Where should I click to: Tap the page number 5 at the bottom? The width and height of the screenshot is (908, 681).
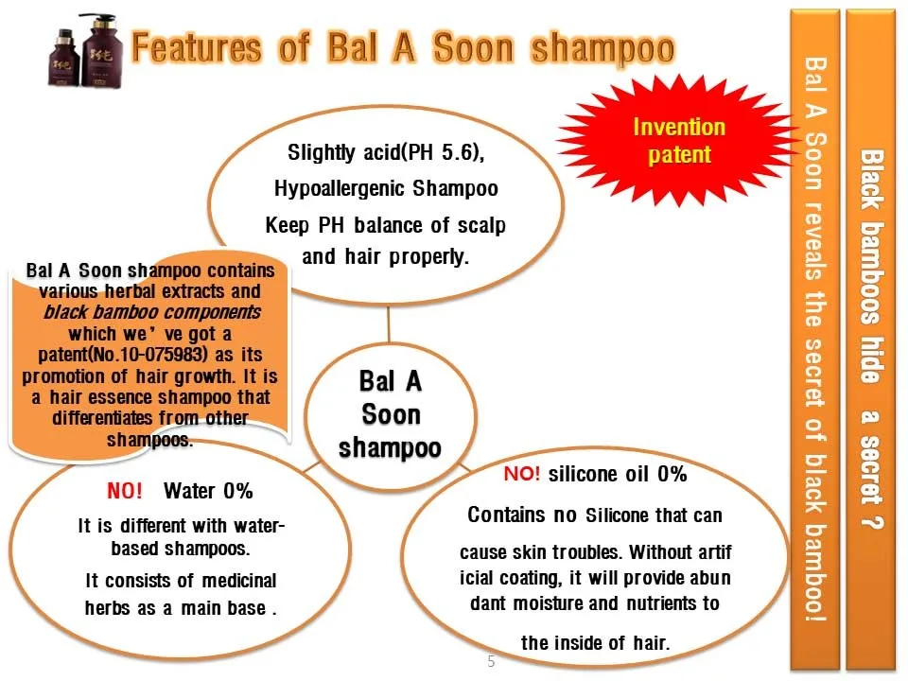pos(491,661)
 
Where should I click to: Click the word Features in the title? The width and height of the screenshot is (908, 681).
pos(197,47)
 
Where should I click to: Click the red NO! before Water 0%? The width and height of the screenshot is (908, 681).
pos(125,491)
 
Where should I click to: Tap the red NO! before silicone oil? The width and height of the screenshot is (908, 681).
pos(522,474)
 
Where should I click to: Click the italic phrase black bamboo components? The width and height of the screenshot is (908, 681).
pos(152,312)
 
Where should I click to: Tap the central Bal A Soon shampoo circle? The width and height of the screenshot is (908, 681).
pos(391,416)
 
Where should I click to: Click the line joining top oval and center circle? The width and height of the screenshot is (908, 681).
pos(389,324)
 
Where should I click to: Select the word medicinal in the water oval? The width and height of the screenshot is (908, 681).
pos(239,580)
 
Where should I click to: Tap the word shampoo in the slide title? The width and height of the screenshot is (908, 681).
pos(603,48)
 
